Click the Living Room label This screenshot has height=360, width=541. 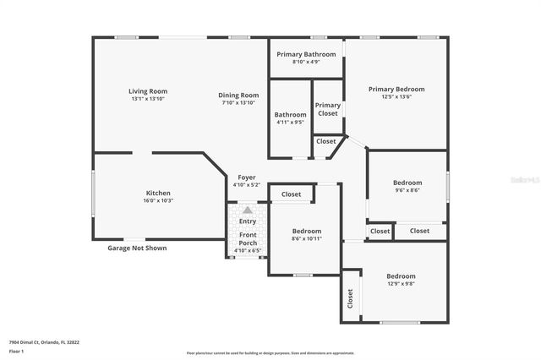(x=148, y=91)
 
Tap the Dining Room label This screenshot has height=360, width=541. (x=239, y=95)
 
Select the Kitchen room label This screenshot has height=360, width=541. (x=159, y=193)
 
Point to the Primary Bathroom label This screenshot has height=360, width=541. (x=306, y=53)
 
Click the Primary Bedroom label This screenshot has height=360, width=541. (x=396, y=89)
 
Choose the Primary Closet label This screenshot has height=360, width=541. (x=328, y=109)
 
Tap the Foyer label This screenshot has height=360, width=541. (x=246, y=177)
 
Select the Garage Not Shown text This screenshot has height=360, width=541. (x=137, y=248)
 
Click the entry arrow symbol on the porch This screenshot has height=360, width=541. (x=248, y=210)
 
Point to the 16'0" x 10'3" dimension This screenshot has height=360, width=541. (x=159, y=200)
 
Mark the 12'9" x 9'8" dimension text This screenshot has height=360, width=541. (x=401, y=284)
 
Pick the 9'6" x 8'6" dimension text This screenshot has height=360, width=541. (x=407, y=190)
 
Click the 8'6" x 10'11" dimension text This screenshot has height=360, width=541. (x=307, y=238)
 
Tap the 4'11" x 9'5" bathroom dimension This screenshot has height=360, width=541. (x=290, y=122)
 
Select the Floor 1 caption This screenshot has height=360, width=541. (x=17, y=351)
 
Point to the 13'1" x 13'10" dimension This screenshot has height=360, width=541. (x=148, y=99)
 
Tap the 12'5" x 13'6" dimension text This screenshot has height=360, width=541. (x=396, y=96)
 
